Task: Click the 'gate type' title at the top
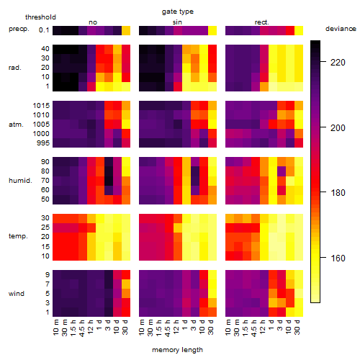click(178, 12)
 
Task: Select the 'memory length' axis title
click(177, 350)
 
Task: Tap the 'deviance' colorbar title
click(341, 29)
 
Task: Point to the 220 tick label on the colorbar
click(338, 63)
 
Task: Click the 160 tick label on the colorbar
click(338, 258)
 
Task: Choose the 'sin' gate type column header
click(177, 22)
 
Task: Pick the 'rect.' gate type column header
click(261, 22)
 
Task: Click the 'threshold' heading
click(40, 17)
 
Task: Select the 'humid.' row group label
click(20, 181)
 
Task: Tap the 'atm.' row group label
click(16, 125)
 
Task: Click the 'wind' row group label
click(17, 293)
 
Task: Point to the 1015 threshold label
click(41, 106)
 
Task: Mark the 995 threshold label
click(43, 143)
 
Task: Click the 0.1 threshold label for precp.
click(44, 30)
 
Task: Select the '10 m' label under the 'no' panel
click(56, 328)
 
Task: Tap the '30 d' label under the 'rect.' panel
click(297, 328)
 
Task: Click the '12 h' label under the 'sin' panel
click(176, 327)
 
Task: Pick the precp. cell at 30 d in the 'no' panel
click(126, 30)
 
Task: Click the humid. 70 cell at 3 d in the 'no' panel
click(109, 181)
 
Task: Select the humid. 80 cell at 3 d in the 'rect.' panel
click(282, 171)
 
